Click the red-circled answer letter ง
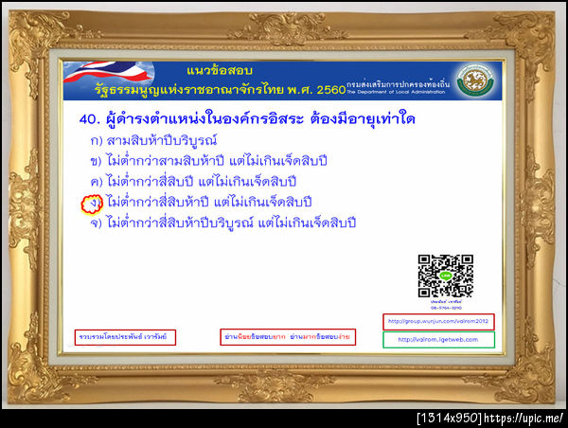click(91, 203)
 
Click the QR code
click(445, 276)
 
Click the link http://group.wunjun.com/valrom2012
click(438, 320)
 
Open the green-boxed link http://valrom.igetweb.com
click(438, 339)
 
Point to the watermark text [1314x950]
click(451, 418)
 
